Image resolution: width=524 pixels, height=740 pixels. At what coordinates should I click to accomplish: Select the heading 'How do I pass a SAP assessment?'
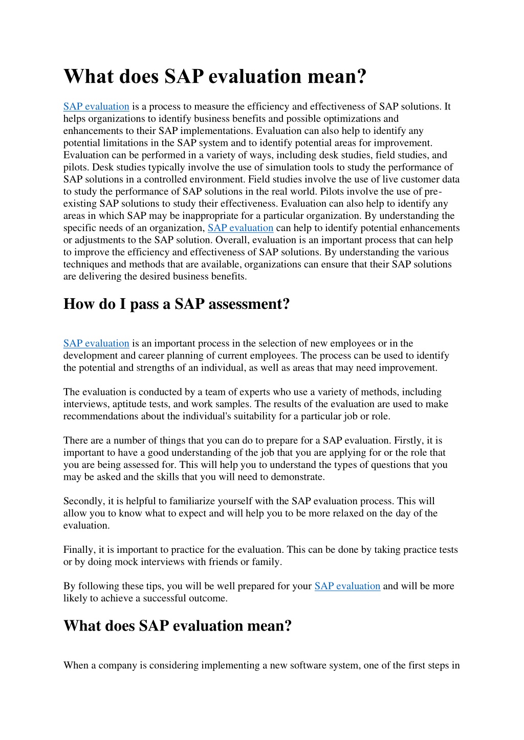pos(177,304)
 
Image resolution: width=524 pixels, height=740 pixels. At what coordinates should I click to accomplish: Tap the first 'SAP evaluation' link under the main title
pos(96,106)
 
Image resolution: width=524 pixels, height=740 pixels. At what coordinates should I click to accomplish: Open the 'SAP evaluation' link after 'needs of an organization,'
pos(241,228)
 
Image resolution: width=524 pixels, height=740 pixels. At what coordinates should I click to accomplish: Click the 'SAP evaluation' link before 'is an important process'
pos(96,344)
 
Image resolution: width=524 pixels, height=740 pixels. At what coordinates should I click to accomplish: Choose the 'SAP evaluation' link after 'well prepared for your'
pos(347,587)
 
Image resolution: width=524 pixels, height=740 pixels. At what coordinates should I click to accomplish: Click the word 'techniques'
pos(86,264)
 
